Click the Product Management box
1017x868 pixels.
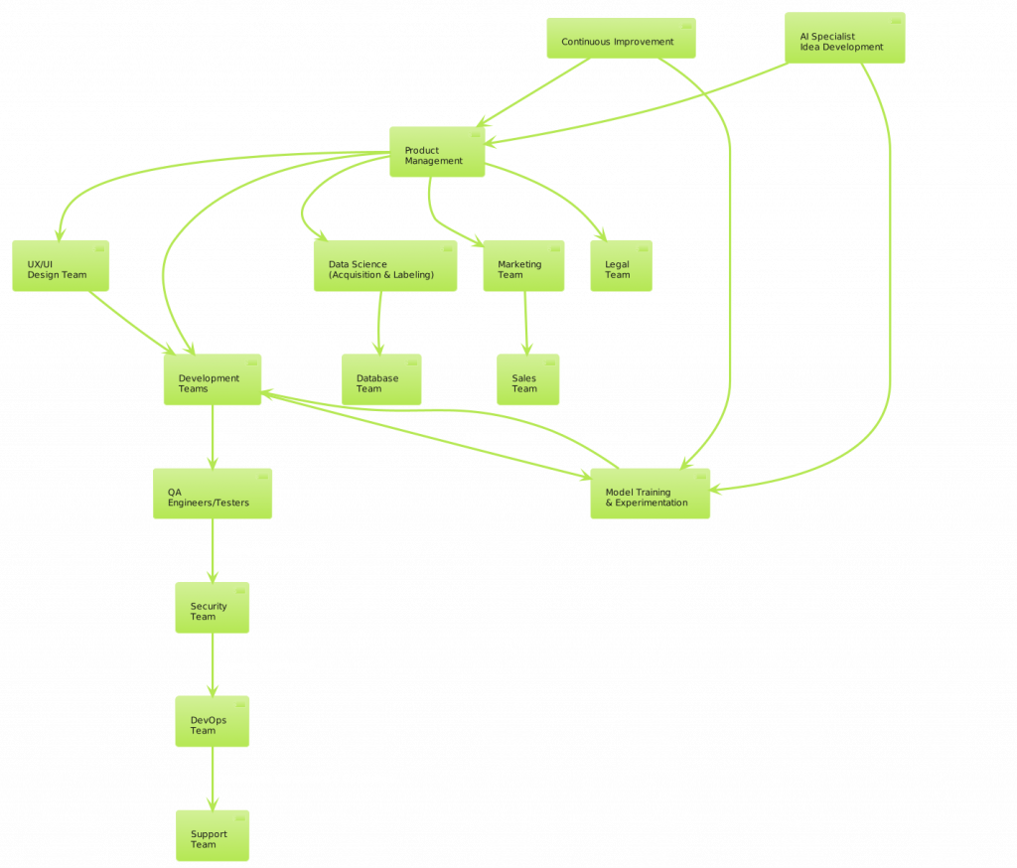point(437,152)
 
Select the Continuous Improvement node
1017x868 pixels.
point(621,39)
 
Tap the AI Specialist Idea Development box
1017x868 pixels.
point(844,38)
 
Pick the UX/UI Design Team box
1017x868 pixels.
point(61,266)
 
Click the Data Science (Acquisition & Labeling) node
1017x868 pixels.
point(385,266)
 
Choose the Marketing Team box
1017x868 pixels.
point(523,266)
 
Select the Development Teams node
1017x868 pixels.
point(213,380)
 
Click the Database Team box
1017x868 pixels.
point(381,380)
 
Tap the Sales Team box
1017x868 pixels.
point(527,380)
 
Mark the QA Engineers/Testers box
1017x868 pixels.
point(212,494)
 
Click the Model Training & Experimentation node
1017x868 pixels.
point(651,494)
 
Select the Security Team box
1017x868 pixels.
point(212,608)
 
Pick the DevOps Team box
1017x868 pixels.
point(212,722)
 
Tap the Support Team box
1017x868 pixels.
point(212,836)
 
